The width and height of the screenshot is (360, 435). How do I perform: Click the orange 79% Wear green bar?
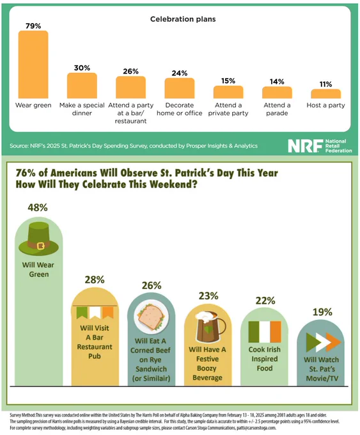[x=33, y=65]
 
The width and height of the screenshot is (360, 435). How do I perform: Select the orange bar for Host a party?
[x=326, y=94]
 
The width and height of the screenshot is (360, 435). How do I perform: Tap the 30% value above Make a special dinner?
[x=82, y=68]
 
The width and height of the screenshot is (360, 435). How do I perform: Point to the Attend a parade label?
[x=277, y=109]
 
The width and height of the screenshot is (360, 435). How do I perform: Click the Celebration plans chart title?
[x=183, y=19]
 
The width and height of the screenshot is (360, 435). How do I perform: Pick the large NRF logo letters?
[x=306, y=146]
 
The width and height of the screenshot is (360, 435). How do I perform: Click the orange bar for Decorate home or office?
[x=180, y=88]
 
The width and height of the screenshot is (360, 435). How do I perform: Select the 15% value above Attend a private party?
[x=228, y=81]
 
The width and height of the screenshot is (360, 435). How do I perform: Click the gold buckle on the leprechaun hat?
[x=41, y=246]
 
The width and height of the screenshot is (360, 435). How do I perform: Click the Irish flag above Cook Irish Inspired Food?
[x=265, y=332]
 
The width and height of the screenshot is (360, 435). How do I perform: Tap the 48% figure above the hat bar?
[x=38, y=207]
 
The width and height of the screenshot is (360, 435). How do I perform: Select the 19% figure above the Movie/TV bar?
[x=322, y=312]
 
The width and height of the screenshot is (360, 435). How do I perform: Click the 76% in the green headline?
[x=26, y=173]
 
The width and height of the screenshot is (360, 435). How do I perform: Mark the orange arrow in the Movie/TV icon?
[x=334, y=342]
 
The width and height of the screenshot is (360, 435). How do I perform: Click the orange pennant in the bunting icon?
[x=108, y=312]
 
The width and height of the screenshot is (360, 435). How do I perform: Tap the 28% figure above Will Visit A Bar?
[x=95, y=280]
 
